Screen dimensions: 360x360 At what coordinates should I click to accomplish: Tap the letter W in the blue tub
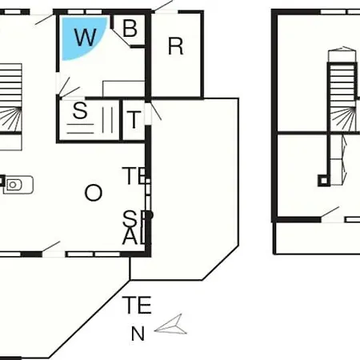pyautogui.click(x=85, y=37)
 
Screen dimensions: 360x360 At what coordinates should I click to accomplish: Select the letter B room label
pyautogui.click(x=130, y=28)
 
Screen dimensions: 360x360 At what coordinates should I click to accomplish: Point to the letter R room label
pyautogui.click(x=176, y=46)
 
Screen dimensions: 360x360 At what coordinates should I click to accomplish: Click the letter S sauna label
pyautogui.click(x=80, y=110)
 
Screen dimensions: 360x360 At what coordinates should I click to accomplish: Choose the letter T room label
pyautogui.click(x=134, y=119)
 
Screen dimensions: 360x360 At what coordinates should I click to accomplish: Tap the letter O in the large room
pyautogui.click(x=94, y=193)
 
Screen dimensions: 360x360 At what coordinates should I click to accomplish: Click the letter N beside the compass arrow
pyautogui.click(x=138, y=334)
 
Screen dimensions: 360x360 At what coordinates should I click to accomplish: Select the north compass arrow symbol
pyautogui.click(x=171, y=326)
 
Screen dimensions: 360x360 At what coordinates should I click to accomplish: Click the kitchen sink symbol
pyautogui.click(x=18, y=185)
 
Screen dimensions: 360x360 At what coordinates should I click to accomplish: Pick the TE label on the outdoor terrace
pyautogui.click(x=137, y=305)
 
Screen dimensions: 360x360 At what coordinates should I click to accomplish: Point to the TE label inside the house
pyautogui.click(x=134, y=176)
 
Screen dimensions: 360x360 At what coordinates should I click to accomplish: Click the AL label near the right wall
pyautogui.click(x=134, y=237)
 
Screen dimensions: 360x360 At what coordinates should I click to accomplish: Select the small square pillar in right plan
pyautogui.click(x=324, y=181)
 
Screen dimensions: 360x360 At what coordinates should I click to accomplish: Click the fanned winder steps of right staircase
pyautogui.click(x=343, y=119)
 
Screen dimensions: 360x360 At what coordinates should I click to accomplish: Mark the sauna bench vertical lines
pyautogui.click(x=107, y=120)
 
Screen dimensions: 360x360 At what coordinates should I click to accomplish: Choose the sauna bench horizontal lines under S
pyautogui.click(x=80, y=129)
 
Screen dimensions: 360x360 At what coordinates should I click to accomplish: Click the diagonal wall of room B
pyautogui.click(x=121, y=38)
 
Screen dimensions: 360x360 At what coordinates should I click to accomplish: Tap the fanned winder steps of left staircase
pyautogui.click(x=10, y=119)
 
